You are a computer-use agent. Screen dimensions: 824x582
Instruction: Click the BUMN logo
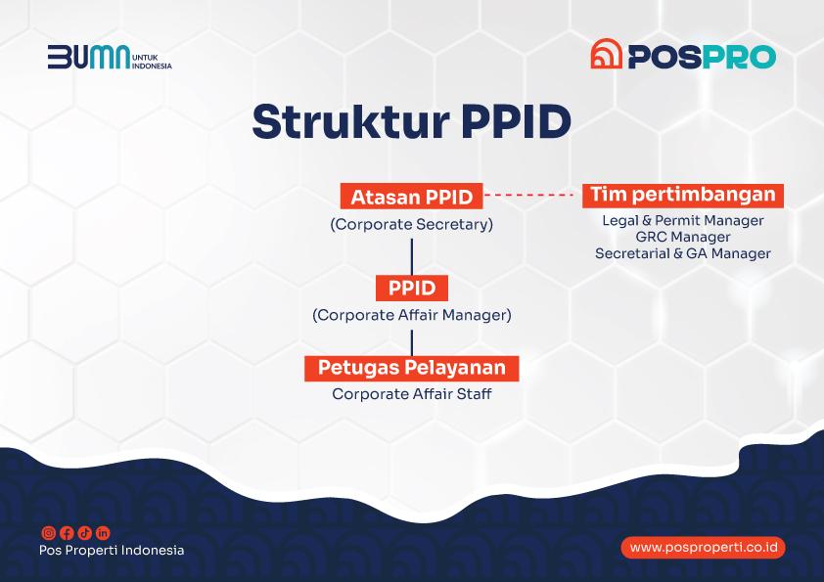[110, 58]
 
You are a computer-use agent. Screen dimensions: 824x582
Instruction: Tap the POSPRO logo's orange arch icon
[607, 54]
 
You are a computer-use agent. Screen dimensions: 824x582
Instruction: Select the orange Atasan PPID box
[411, 196]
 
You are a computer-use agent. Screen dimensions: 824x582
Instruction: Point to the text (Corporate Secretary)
[411, 224]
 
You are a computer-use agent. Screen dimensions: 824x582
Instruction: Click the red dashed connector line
[528, 195]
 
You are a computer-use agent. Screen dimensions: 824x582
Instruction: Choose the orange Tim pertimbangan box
[683, 196]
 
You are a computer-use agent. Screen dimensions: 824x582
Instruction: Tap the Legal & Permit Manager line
[683, 220]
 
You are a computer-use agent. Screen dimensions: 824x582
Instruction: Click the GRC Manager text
[683, 237]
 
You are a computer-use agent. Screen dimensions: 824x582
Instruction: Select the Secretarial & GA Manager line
[683, 253]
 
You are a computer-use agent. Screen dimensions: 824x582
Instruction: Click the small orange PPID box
[412, 288]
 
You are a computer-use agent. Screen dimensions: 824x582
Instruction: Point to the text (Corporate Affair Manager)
[411, 315]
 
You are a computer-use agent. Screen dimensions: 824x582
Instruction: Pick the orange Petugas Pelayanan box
[411, 368]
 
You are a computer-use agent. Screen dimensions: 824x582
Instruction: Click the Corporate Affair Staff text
[411, 394]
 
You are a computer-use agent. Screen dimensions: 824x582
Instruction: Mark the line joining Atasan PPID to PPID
[411, 257]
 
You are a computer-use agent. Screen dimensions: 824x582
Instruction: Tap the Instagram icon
[48, 533]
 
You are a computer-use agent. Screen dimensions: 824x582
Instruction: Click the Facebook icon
[67, 533]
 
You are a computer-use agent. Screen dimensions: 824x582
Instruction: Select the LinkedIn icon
[103, 533]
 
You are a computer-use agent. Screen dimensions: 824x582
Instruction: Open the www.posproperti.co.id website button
[703, 548]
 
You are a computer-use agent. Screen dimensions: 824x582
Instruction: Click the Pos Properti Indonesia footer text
[112, 550]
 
